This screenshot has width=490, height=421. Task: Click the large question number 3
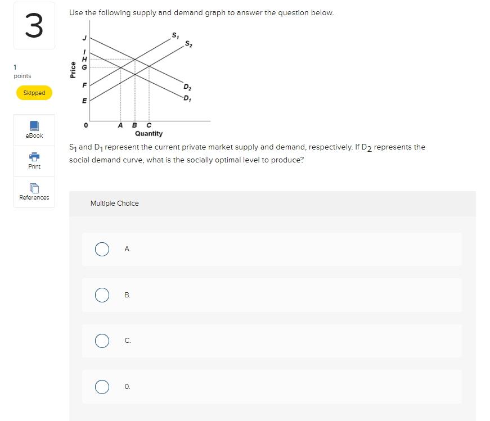(x=34, y=26)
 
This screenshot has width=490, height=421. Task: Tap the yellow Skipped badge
(x=34, y=93)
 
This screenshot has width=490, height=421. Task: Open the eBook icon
(x=34, y=125)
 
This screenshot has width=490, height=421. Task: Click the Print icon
(x=34, y=156)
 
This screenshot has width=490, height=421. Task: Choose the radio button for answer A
(x=102, y=249)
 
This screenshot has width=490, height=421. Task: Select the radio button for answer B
(x=102, y=295)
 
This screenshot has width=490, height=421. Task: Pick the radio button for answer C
(x=102, y=341)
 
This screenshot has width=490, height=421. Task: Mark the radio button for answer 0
(x=102, y=387)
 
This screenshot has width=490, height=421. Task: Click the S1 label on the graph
(x=175, y=37)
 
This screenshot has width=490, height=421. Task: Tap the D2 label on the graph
(x=187, y=87)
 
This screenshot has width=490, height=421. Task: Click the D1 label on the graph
(x=187, y=99)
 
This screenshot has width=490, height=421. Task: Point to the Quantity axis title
(x=149, y=134)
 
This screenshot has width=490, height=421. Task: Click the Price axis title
(x=73, y=69)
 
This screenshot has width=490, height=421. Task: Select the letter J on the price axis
(x=85, y=38)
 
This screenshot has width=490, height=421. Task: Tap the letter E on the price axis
(x=85, y=101)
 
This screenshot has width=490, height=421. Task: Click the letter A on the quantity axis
(x=120, y=125)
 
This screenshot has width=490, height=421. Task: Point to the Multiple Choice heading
(x=114, y=203)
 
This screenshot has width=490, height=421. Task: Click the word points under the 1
(x=23, y=76)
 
